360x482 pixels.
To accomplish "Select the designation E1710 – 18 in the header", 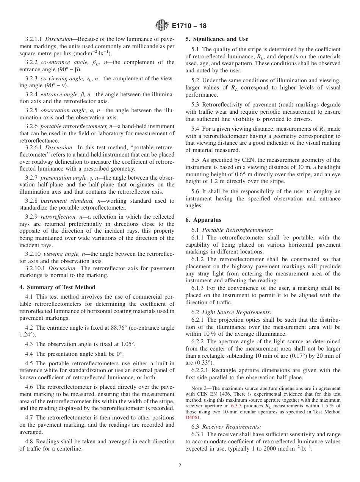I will [x=189, y=26].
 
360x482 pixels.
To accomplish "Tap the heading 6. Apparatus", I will [x=203, y=220].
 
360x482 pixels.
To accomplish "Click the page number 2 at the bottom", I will [x=180, y=466].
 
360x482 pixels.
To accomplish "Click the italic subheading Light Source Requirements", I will [x=236, y=312].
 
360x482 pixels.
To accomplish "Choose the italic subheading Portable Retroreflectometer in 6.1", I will [x=238, y=230].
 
